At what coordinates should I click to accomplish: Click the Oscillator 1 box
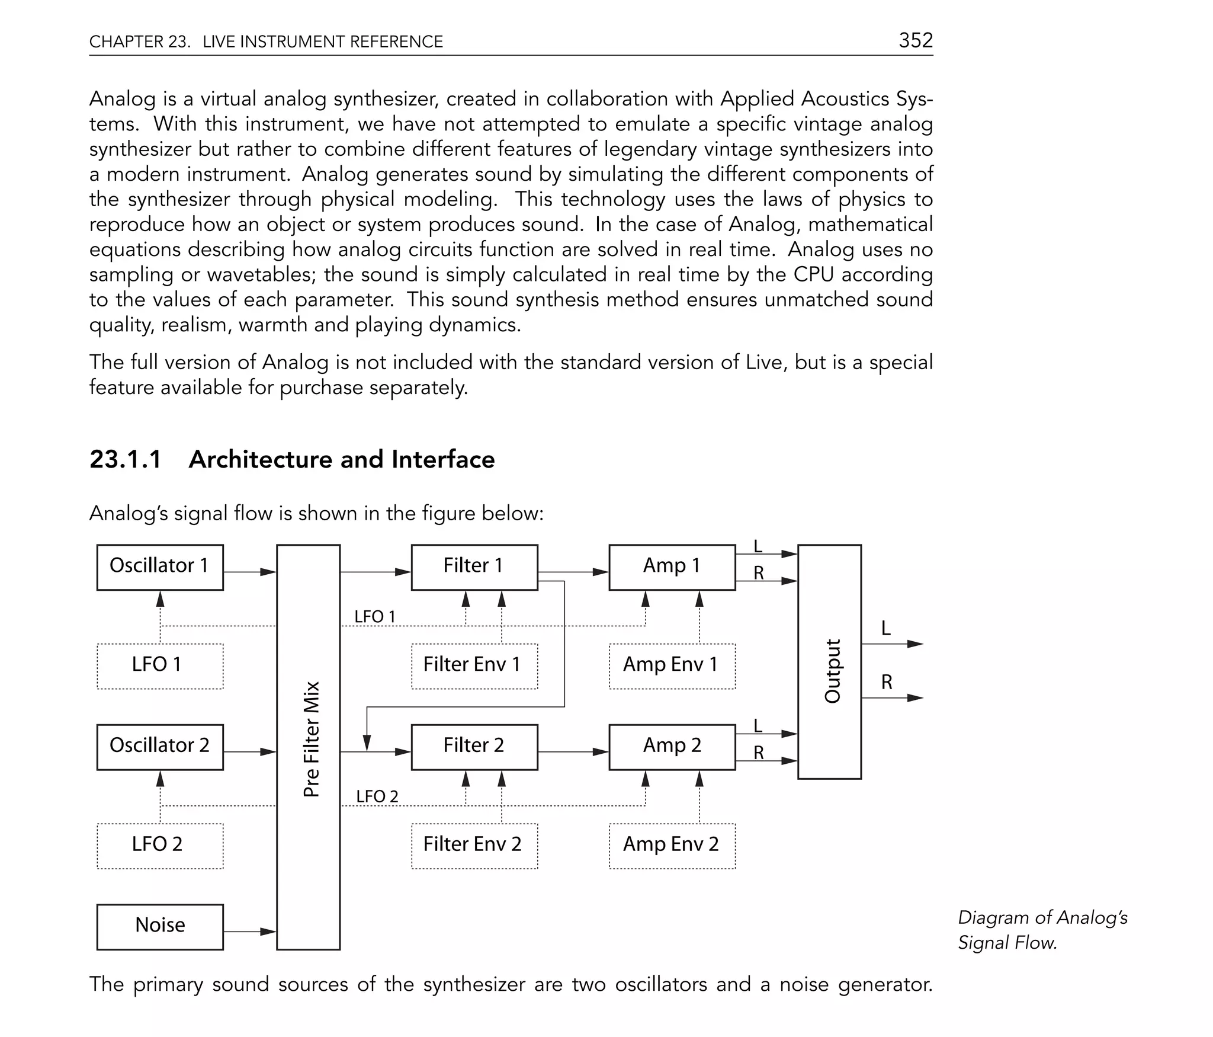click(160, 567)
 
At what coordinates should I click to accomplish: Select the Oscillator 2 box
click(160, 747)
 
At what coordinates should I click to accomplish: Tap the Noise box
click(160, 927)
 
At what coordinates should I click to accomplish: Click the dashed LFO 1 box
click(160, 666)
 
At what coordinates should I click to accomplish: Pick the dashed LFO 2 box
click(160, 846)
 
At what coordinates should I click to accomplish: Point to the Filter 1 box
click(474, 567)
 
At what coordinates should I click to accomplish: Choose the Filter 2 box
click(474, 747)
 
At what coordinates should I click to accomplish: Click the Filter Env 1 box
click(474, 666)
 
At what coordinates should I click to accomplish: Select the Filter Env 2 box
click(474, 846)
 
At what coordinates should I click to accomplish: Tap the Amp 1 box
click(672, 567)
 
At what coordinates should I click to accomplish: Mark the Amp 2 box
click(672, 747)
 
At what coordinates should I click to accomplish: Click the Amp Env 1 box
click(672, 666)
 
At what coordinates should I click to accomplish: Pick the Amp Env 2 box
click(672, 846)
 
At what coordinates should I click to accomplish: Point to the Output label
click(832, 671)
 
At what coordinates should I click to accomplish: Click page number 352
click(915, 40)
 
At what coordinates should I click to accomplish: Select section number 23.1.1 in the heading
click(126, 460)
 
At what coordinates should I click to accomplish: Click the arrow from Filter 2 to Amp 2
click(573, 752)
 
